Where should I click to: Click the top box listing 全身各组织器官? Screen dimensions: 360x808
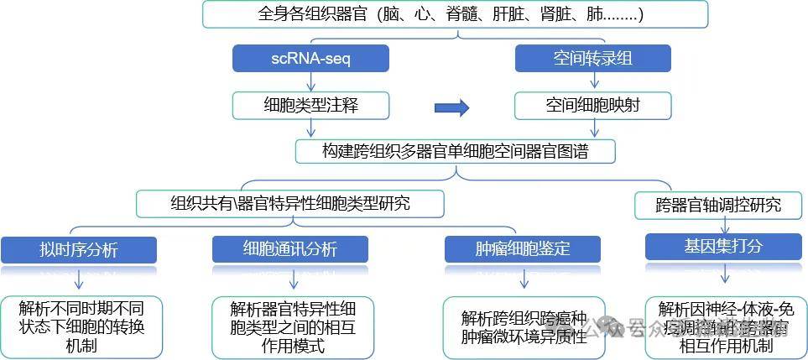point(455,14)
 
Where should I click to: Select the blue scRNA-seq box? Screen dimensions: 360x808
point(311,58)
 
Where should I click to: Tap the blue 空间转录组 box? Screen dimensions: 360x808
point(593,58)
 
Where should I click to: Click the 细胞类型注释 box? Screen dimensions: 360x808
point(311,105)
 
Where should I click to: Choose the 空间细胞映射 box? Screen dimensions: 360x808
point(593,105)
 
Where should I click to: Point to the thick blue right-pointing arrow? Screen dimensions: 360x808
point(451,107)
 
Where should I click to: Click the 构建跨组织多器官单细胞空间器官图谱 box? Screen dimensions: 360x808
point(456,151)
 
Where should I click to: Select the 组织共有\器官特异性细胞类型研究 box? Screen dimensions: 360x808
point(290,202)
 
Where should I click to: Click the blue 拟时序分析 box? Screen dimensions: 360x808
point(79,249)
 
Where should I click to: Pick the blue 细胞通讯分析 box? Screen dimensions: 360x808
point(289,249)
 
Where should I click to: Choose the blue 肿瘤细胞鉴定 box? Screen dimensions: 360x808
point(523,249)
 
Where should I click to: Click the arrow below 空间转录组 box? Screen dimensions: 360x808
point(594,81)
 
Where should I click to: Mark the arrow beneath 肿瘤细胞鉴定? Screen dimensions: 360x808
point(524,279)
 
